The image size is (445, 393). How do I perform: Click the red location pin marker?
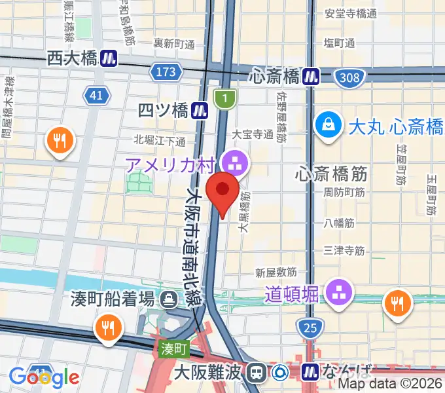point(222,191)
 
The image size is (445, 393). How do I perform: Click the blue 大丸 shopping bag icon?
point(327,124)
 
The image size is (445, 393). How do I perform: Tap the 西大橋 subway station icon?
point(109,59)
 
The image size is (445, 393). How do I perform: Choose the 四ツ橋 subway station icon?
point(201,108)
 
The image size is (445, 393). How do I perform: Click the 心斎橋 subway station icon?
point(310,77)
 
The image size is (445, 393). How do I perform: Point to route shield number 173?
point(166,71)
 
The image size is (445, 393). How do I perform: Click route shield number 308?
point(350,79)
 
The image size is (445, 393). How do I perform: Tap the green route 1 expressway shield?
point(224,100)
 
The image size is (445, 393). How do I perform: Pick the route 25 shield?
point(310,326)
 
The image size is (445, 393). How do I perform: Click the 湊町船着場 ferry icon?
point(169,299)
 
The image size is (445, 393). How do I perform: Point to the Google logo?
point(44,377)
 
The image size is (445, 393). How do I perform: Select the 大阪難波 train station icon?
point(256,373)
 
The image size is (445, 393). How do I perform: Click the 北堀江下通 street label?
point(160,140)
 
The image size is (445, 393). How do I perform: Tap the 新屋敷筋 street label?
point(276,271)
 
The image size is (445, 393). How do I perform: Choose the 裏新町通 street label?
point(175,44)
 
